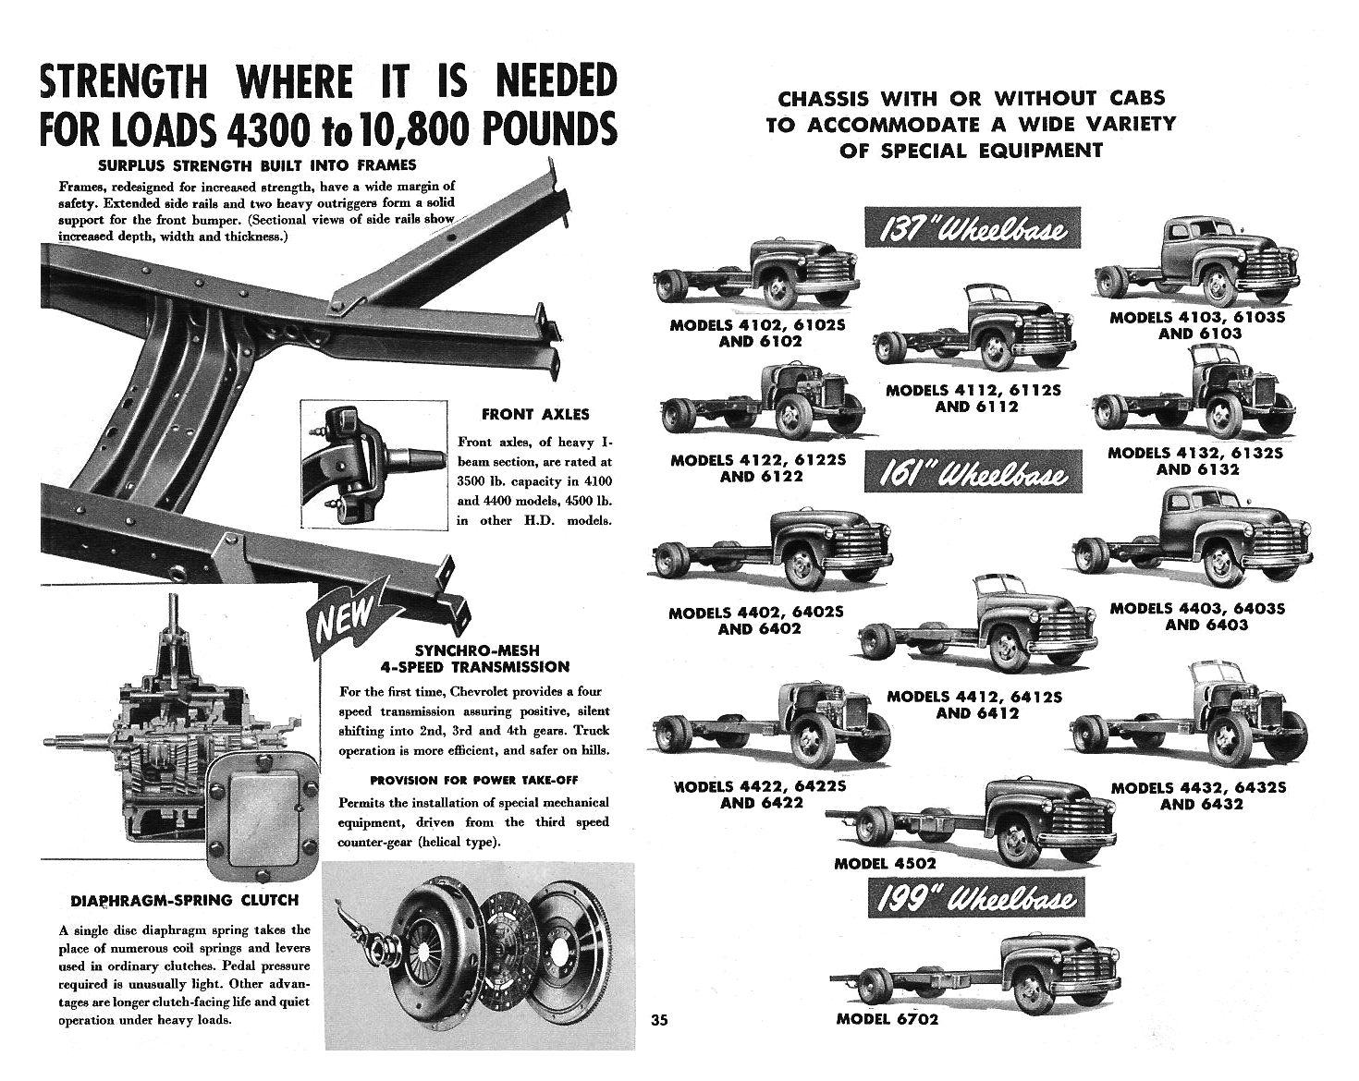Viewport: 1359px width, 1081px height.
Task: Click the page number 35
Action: pyautogui.click(x=658, y=1021)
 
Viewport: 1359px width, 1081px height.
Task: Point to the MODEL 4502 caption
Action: pyautogui.click(x=885, y=863)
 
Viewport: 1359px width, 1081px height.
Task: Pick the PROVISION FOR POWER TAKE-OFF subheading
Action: pyautogui.click(x=473, y=780)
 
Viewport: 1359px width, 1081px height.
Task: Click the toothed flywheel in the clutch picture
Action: pyautogui.click(x=568, y=947)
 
